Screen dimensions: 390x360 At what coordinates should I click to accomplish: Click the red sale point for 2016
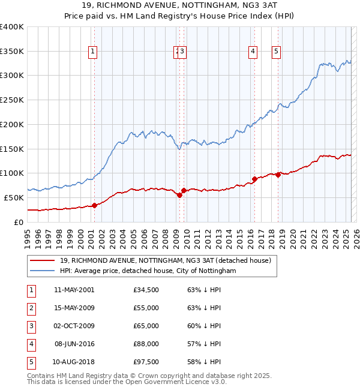(254, 179)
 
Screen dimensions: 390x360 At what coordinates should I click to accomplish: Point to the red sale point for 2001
(94, 205)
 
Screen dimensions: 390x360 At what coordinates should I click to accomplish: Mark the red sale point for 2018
(278, 175)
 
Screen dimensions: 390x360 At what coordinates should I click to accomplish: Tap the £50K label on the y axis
(14, 197)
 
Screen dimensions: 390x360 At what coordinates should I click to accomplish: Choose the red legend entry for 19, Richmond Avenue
(166, 260)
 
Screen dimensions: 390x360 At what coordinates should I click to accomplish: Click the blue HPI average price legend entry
(148, 271)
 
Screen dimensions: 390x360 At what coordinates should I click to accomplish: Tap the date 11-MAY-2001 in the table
(74, 290)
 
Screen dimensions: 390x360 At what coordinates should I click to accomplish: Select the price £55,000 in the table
(146, 308)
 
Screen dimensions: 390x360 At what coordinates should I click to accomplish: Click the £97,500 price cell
(146, 362)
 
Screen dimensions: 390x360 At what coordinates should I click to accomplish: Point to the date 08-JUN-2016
(74, 344)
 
